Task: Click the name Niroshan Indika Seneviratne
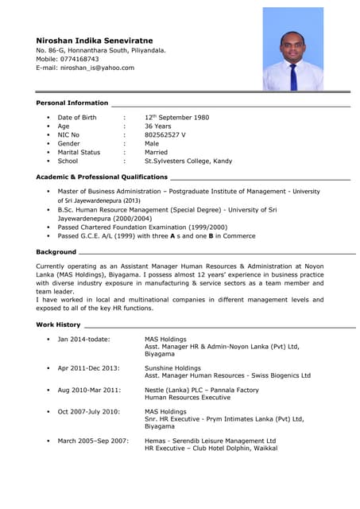[x=95, y=40]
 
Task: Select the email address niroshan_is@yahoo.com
[x=97, y=68]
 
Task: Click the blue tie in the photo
[x=293, y=76]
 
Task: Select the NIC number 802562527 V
[x=165, y=134]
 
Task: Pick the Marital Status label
[x=79, y=152]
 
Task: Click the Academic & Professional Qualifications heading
[x=102, y=177]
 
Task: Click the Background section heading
[x=56, y=251]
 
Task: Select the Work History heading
[x=59, y=324]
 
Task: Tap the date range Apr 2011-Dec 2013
[x=88, y=368]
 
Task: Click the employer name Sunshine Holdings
[x=172, y=368]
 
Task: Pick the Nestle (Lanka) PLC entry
[x=201, y=390]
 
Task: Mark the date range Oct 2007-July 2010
[x=88, y=411]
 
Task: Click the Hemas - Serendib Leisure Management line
[x=210, y=440]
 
